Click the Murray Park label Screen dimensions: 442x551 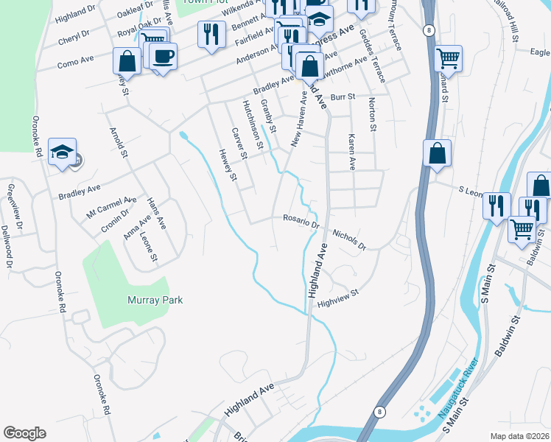pyautogui.click(x=154, y=301)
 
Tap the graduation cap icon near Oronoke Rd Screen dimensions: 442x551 pyautogui.click(x=62, y=152)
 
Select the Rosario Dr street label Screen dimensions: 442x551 pyautogui.click(x=300, y=219)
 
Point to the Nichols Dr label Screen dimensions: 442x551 pyautogui.click(x=348, y=239)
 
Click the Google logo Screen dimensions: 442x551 pyautogui.click(x=24, y=433)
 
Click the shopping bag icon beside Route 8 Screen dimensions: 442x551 pyautogui.click(x=437, y=153)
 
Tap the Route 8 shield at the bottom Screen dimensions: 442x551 pyautogui.click(x=379, y=413)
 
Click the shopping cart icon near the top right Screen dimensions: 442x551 pyautogui.click(x=448, y=57)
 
